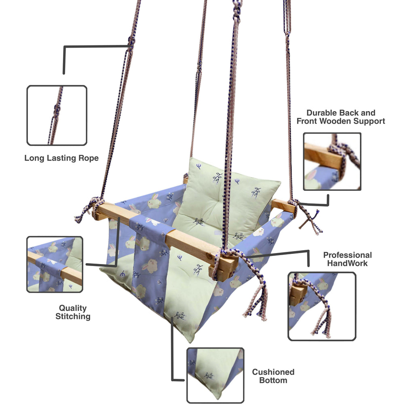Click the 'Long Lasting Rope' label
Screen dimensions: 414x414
pos(61,158)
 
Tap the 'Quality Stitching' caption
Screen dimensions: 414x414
pos(73,313)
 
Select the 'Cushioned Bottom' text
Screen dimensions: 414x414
pos(273,376)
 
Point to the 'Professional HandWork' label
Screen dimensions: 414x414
pos(347,259)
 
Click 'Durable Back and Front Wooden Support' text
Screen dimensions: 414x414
pos(340,117)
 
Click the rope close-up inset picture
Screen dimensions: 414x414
pos(57,115)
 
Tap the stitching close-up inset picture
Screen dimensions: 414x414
pos(55,264)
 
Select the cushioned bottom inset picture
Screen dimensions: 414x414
pos(215,375)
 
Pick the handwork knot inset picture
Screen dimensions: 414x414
pos(322,306)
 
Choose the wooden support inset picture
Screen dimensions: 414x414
pos(332,161)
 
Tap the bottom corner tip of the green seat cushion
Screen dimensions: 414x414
pos(190,339)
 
